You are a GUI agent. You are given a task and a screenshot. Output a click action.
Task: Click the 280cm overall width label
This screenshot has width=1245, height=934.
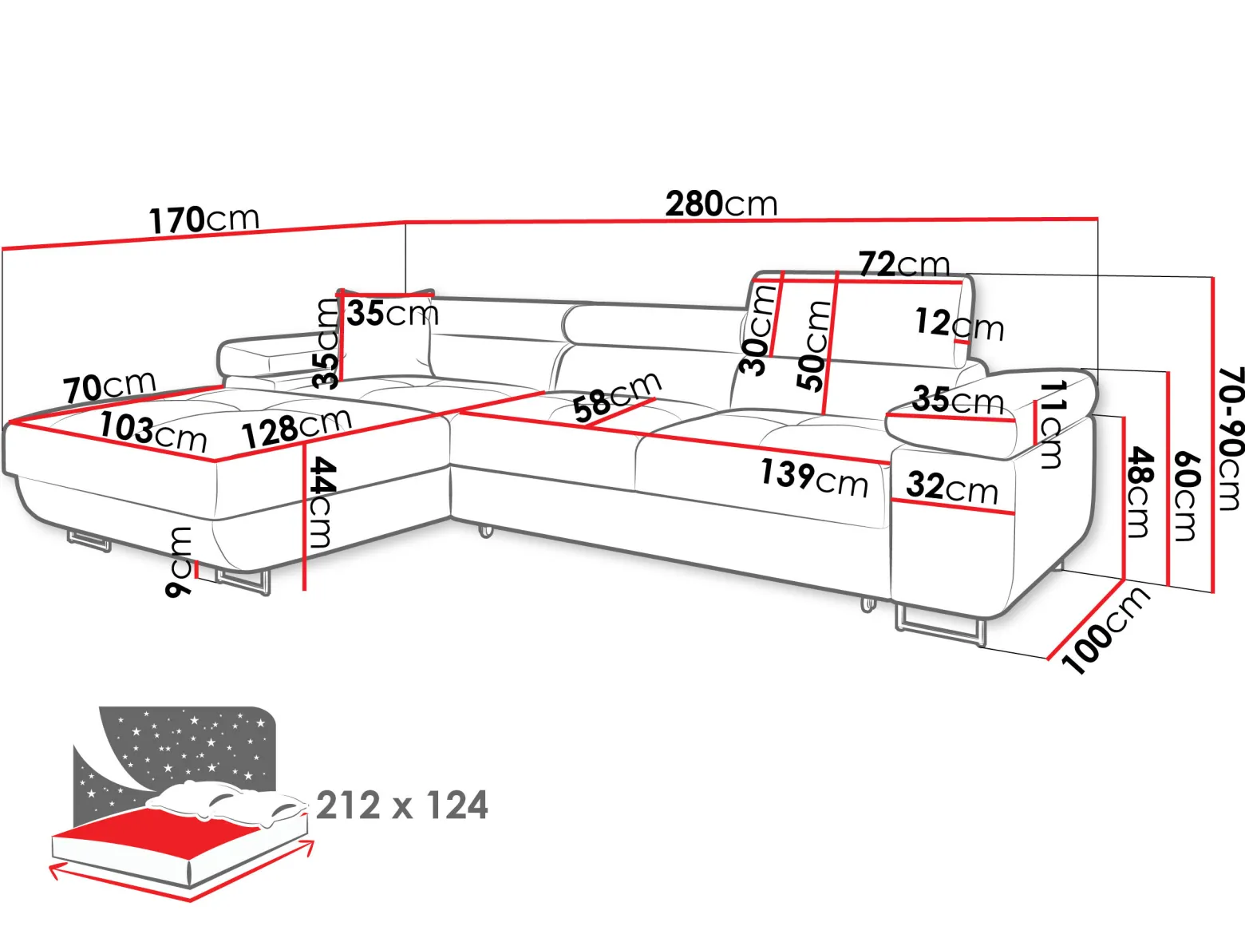click(721, 204)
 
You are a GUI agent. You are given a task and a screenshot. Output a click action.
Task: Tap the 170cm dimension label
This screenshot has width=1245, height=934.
click(204, 220)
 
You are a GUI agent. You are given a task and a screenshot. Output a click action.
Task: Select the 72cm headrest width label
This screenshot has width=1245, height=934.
click(904, 263)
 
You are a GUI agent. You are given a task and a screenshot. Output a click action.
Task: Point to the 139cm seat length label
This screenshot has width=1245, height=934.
click(814, 479)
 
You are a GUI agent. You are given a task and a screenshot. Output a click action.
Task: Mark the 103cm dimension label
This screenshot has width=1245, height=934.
click(153, 432)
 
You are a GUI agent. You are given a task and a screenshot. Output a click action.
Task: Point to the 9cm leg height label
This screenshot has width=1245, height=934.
click(180, 561)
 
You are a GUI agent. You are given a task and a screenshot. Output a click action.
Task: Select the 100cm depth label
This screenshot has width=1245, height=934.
click(1105, 631)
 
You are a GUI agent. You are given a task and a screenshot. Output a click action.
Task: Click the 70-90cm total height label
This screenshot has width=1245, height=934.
click(1230, 439)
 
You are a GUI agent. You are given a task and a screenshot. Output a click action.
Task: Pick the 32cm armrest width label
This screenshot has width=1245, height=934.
click(952, 488)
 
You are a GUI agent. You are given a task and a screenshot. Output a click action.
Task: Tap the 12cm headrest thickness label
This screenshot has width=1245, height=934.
click(959, 324)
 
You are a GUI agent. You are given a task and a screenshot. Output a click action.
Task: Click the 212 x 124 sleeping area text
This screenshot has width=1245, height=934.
click(402, 805)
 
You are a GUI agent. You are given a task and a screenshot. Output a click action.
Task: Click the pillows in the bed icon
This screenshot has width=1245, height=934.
click(227, 801)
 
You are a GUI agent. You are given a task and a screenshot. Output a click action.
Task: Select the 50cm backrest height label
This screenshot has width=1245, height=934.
click(812, 346)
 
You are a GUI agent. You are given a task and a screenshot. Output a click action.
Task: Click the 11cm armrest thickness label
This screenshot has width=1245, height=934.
click(1052, 424)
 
